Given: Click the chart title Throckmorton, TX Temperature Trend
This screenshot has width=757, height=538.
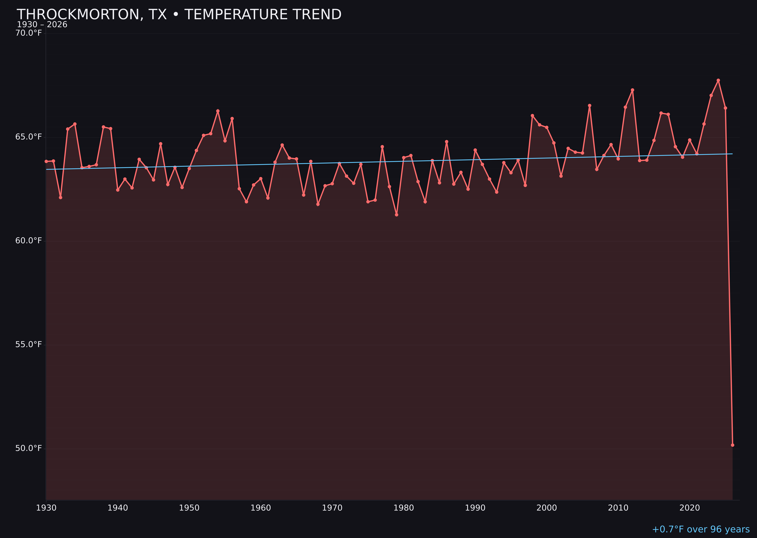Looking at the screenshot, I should [179, 15].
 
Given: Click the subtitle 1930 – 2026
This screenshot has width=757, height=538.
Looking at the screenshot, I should [42, 25].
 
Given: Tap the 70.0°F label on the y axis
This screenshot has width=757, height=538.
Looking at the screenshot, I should [29, 33].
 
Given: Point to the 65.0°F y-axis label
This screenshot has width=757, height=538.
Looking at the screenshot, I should [29, 137].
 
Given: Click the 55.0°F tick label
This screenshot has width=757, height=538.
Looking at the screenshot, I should [29, 344].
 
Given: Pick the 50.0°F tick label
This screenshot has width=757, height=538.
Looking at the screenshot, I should [29, 448].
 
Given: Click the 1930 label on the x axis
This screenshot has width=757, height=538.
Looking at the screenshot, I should [46, 508].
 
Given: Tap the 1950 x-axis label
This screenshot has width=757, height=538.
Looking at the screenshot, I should [189, 508].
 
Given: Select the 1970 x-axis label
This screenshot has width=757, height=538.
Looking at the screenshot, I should [332, 508].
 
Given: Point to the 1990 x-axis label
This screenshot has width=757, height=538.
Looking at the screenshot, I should [475, 508].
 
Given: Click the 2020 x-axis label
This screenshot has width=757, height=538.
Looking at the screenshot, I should [689, 508].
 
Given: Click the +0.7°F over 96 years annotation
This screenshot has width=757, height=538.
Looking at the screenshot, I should [701, 529].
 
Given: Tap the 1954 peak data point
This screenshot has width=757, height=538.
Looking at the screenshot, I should [218, 111].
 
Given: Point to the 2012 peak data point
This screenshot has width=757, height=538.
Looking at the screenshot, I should [632, 90].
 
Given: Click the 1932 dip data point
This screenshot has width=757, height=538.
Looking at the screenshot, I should [61, 197].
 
